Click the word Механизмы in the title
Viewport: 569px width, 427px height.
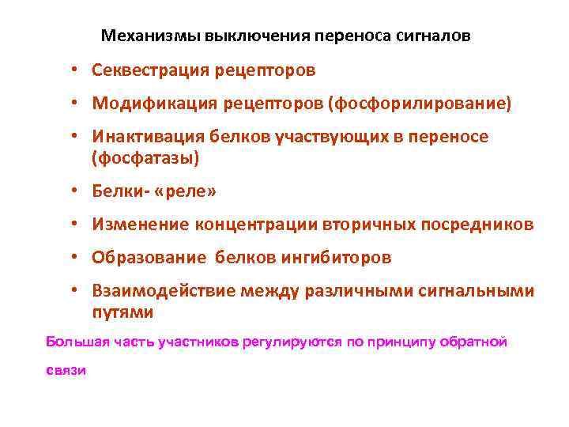tap(151, 36)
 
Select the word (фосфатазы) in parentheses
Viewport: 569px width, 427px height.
tap(145, 157)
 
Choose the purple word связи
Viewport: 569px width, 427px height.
tap(65, 371)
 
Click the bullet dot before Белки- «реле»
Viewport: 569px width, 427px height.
tap(72, 191)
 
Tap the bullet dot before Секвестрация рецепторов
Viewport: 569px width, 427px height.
tap(72, 71)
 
